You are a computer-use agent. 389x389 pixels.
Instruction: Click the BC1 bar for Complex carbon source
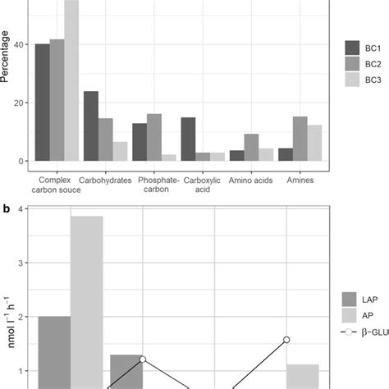[x=42, y=103]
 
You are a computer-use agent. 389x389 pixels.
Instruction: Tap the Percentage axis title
[x=7, y=57]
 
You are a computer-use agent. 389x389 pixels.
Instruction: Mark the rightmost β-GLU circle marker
[x=287, y=340]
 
